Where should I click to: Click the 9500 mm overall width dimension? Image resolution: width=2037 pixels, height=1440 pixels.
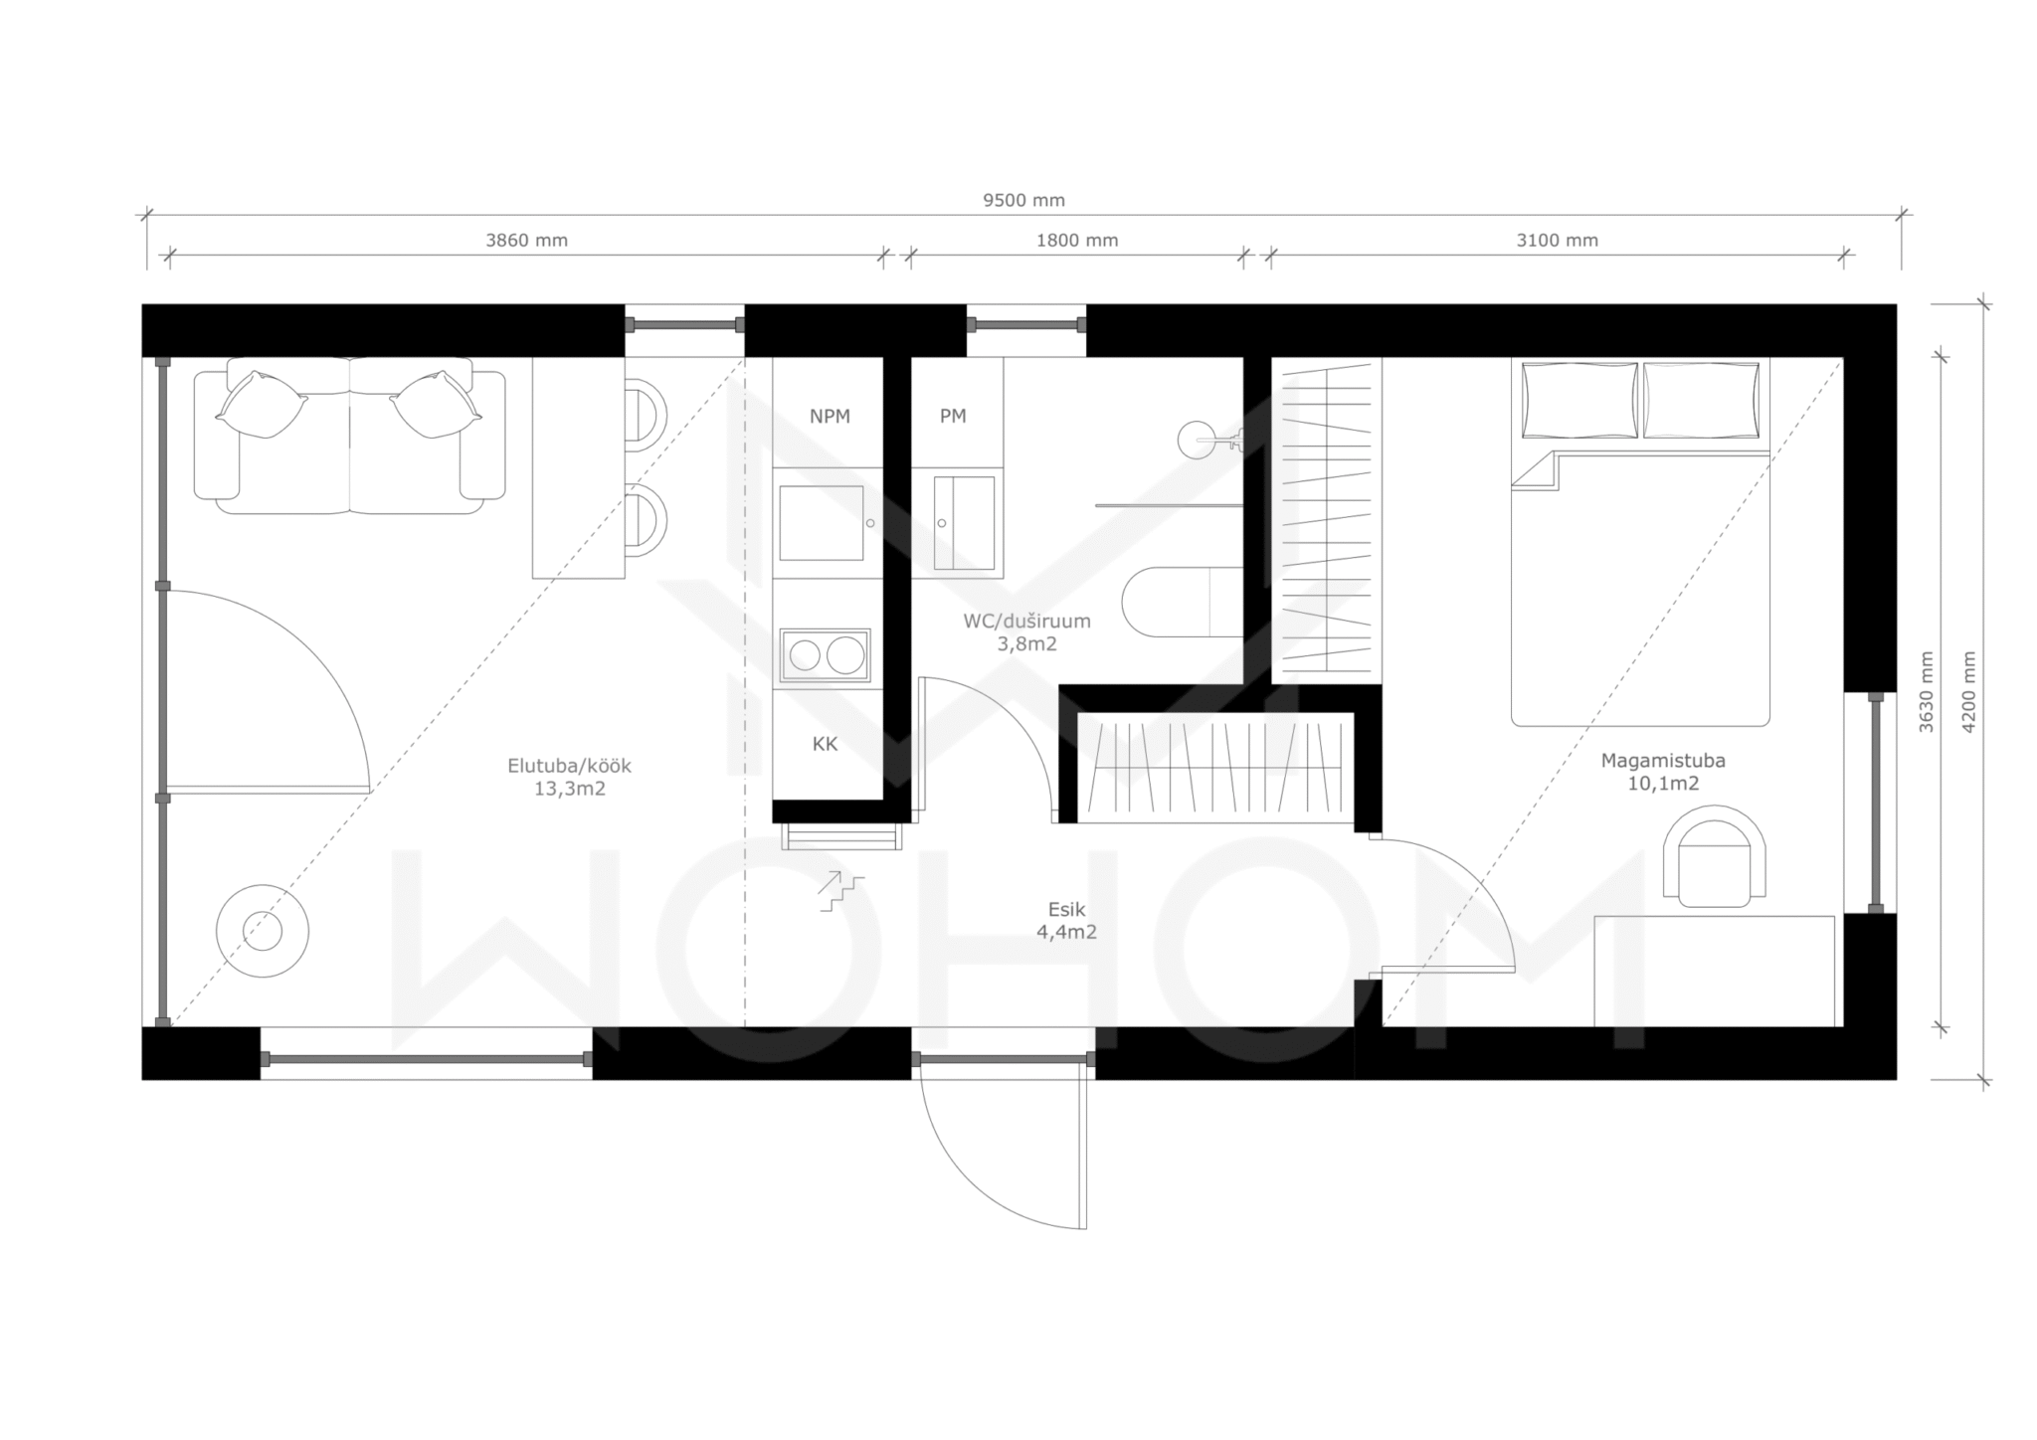tap(1023, 200)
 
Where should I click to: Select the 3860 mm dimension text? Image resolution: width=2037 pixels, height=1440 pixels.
tap(526, 240)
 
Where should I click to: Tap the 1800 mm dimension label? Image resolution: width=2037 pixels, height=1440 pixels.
tap(1077, 240)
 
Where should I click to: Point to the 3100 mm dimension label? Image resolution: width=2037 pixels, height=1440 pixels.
tap(1558, 240)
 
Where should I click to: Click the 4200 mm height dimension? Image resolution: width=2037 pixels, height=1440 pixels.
tap(1969, 692)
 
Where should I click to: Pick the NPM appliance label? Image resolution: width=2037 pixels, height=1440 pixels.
tap(830, 417)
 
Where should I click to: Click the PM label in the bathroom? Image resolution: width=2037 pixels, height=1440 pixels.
tap(953, 417)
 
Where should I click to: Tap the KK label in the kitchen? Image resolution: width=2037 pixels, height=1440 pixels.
tap(825, 744)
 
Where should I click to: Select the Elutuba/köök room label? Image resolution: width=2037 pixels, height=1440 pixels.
tap(570, 777)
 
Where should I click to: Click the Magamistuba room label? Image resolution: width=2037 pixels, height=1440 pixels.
tap(1663, 772)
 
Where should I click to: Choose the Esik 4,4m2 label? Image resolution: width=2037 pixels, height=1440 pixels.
tap(1066, 921)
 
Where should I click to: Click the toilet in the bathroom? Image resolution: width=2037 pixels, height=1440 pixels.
tap(1183, 602)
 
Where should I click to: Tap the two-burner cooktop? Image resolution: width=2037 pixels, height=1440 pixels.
tap(825, 655)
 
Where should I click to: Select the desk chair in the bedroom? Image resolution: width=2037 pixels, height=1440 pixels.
tap(1715, 856)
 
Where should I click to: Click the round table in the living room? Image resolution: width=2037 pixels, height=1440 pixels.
tap(263, 931)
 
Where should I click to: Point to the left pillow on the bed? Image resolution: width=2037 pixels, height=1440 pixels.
tap(1579, 400)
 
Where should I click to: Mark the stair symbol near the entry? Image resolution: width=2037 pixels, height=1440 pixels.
tap(841, 891)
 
